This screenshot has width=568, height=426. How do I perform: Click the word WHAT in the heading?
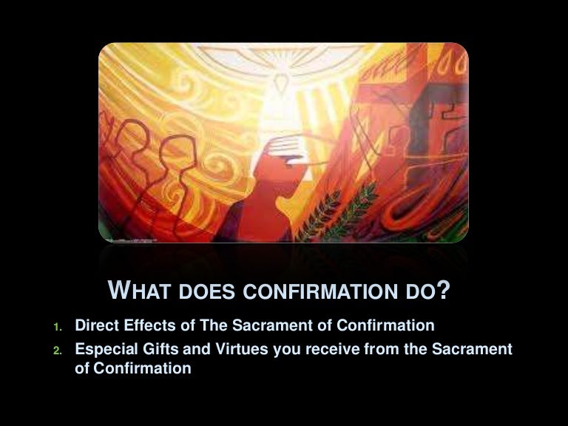tap(139, 290)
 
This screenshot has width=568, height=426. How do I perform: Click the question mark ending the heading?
tap(444, 289)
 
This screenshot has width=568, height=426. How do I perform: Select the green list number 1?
tap(57, 327)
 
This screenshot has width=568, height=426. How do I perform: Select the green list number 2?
tap(58, 351)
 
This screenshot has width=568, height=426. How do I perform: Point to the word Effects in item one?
tap(150, 325)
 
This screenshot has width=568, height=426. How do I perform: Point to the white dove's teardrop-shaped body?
tap(282, 82)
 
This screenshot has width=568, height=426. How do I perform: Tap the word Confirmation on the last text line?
tap(142, 368)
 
